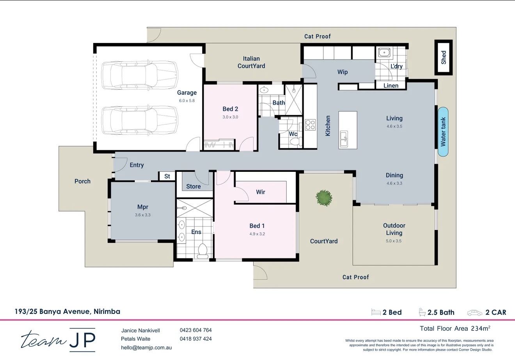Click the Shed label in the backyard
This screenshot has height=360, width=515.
444,57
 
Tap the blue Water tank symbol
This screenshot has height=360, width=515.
443,132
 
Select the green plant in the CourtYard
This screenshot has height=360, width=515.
324,198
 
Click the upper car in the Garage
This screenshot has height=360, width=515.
140,75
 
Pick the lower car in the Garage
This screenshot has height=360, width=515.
140,120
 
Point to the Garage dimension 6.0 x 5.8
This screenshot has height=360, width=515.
186,101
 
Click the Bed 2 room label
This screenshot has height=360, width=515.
230,109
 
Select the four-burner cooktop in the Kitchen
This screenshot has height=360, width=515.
310,125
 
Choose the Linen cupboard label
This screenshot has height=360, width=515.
391,86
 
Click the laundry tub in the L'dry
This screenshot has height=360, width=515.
384,52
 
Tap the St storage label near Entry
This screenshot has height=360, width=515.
167,176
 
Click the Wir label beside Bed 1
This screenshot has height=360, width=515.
261,192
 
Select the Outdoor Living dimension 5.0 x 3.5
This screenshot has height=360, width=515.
394,241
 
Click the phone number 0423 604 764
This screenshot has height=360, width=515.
195,330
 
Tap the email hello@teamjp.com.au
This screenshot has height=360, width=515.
146,348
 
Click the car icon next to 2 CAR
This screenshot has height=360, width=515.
474,312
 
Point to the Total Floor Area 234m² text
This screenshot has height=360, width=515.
455,328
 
